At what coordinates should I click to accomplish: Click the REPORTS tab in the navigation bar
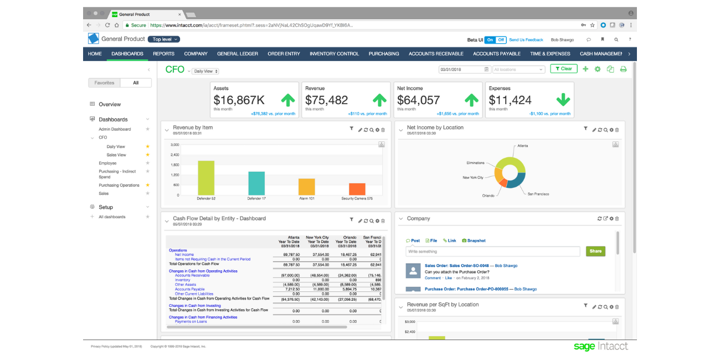pyautogui.click(x=163, y=54)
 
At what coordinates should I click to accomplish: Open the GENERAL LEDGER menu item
pyautogui.click(x=237, y=54)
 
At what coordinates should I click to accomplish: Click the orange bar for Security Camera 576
pyautogui.click(x=357, y=189)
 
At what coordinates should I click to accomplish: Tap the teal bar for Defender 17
pyautogui.click(x=256, y=183)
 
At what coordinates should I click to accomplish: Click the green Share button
pyautogui.click(x=595, y=251)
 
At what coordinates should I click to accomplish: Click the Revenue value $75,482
pyautogui.click(x=326, y=100)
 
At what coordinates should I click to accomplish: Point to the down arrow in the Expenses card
pyautogui.click(x=563, y=100)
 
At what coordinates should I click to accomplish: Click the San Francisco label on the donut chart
pyautogui.click(x=538, y=194)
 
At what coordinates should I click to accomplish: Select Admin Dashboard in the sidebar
pyautogui.click(x=115, y=129)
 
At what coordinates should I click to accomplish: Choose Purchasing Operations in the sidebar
pyautogui.click(x=119, y=186)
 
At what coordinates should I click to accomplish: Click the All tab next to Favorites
pyautogui.click(x=136, y=83)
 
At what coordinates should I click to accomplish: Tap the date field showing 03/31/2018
pyautogui.click(x=461, y=69)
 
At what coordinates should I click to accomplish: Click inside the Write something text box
pyautogui.click(x=493, y=251)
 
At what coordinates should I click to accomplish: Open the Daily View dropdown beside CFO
pyautogui.click(x=205, y=71)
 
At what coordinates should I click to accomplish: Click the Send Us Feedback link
pyautogui.click(x=526, y=40)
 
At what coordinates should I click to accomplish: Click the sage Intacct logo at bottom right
pyautogui.click(x=600, y=346)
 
